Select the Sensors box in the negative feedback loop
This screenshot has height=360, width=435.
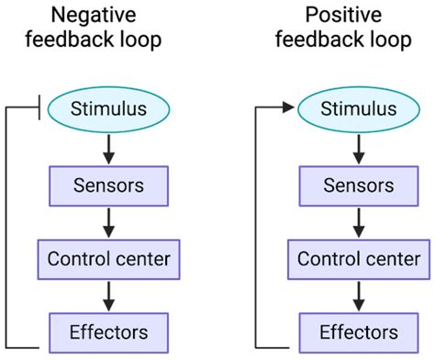(x=109, y=185)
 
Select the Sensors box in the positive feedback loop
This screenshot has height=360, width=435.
(x=358, y=185)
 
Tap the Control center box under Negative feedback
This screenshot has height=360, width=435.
(x=109, y=258)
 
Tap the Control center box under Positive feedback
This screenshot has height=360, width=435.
(x=358, y=258)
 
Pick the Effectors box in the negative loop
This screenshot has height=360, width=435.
(x=109, y=331)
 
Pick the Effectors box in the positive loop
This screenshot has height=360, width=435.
(x=358, y=331)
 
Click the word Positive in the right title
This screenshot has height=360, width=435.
(x=358, y=16)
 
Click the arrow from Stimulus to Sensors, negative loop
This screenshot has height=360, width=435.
(x=109, y=147)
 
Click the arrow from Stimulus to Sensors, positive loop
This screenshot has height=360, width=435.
(x=358, y=147)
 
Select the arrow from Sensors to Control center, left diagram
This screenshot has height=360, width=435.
(x=109, y=221)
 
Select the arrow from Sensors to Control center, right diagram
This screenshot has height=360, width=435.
(x=358, y=221)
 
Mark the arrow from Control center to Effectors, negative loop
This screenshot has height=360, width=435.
(x=109, y=294)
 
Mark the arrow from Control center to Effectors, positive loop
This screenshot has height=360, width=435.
(x=358, y=294)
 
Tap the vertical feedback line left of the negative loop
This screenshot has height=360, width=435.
(x=7, y=230)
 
